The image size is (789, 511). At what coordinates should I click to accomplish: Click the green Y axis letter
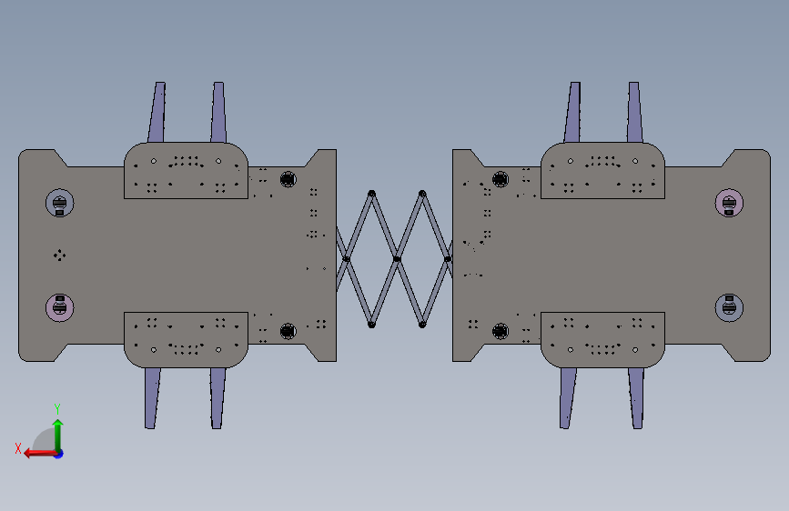[x=57, y=408]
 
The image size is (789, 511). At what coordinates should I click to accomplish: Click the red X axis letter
[x=18, y=448]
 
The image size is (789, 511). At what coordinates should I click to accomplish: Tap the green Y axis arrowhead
[x=58, y=425]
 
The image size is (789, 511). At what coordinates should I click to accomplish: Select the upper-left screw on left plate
[x=60, y=203]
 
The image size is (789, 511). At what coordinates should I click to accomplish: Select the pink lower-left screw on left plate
[x=60, y=307]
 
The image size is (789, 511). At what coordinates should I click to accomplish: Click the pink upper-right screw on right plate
[x=729, y=203]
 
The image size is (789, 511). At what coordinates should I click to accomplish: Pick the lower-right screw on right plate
[x=729, y=307]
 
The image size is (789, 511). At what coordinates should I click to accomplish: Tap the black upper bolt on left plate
[x=288, y=179]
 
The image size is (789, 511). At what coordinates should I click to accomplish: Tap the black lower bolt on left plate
[x=288, y=331]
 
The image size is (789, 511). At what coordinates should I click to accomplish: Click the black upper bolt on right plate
[x=501, y=179]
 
